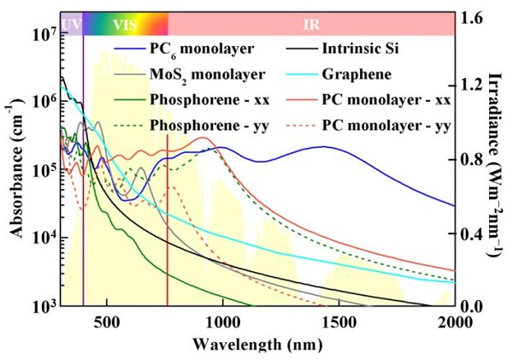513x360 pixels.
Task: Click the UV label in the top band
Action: click(72, 24)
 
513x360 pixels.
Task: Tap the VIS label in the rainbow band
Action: click(124, 24)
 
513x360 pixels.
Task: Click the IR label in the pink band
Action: click(312, 24)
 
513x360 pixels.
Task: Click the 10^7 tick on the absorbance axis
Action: click(42, 36)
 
